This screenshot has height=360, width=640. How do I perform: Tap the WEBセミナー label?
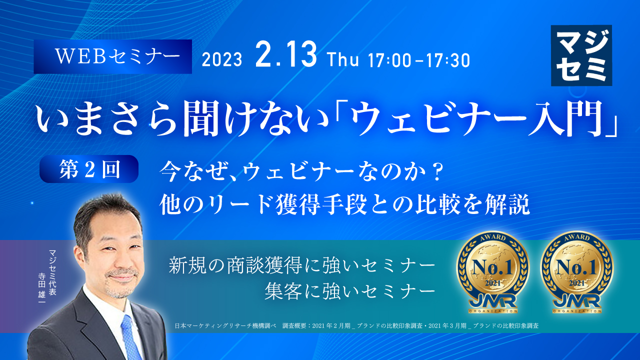[x=112, y=56]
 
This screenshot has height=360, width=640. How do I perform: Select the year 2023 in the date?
[x=222, y=60]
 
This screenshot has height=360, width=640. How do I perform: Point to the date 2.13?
[x=285, y=55]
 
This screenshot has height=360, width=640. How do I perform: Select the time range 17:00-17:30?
[x=418, y=60]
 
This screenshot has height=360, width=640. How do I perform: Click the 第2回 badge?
[x=88, y=168]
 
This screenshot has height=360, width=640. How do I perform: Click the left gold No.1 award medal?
[x=492, y=275]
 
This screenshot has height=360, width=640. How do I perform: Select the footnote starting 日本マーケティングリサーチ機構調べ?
[x=356, y=325]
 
